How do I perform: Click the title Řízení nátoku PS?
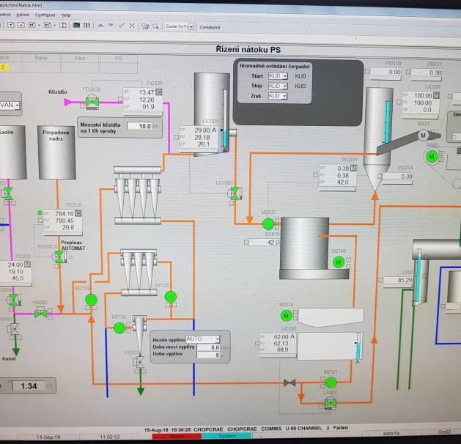tap(248, 48)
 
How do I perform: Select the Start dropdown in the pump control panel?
tap(278, 75)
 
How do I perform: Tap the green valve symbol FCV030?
tap(95, 100)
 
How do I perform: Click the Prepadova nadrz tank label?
tap(56, 138)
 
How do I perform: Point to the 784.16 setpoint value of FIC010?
tap(64, 213)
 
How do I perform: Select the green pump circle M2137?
tap(268, 223)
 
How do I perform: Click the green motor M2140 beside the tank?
tap(338, 262)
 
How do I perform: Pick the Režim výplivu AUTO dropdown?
tap(203, 338)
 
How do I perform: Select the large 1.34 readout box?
tap(27, 386)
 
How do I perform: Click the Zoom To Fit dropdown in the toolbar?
tap(180, 26)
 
